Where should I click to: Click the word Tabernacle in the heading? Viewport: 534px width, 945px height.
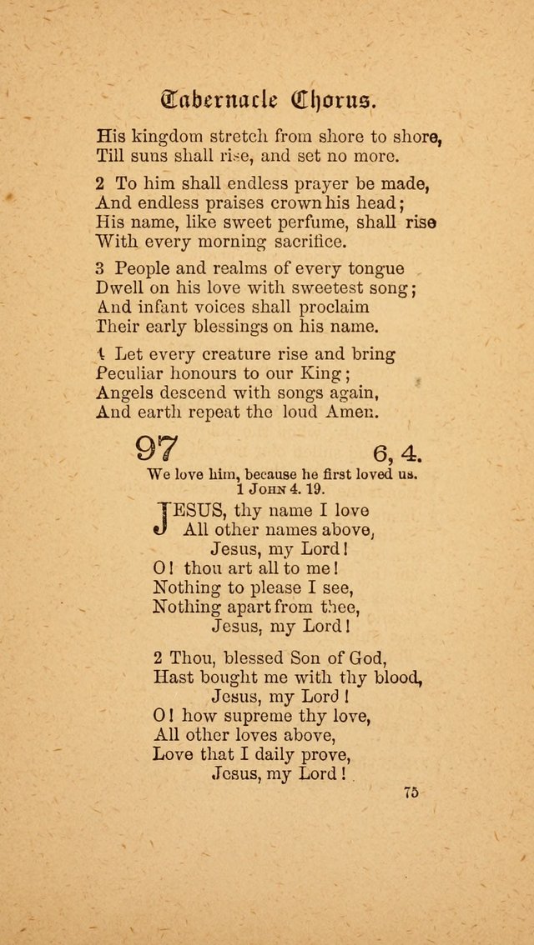click(x=219, y=101)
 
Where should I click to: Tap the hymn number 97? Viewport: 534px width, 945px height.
click(x=157, y=450)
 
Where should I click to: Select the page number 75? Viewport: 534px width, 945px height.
click(x=410, y=792)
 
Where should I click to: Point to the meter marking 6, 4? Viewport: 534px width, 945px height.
click(x=398, y=453)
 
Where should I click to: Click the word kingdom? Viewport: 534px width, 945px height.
click(x=168, y=135)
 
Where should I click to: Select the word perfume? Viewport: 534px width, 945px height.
click(x=306, y=222)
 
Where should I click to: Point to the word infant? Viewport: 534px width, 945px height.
click(x=158, y=307)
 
